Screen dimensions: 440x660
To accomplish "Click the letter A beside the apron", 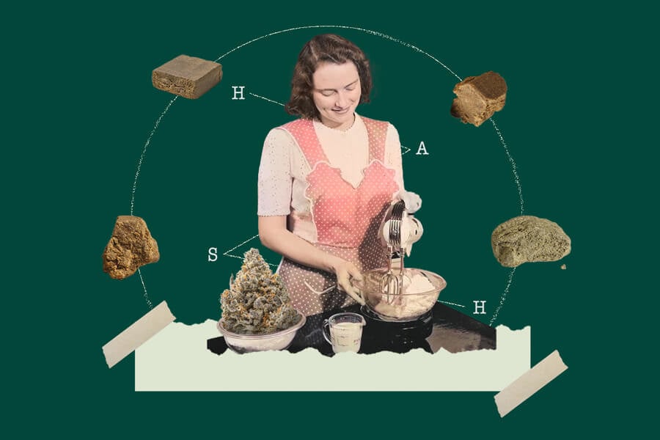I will pyautogui.click(x=422, y=149).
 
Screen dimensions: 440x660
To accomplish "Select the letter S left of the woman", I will pyautogui.click(x=213, y=254).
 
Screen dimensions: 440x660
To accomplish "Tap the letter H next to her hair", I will pyautogui.click(x=238, y=93).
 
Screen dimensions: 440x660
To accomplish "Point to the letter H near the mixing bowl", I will pyautogui.click(x=479, y=307).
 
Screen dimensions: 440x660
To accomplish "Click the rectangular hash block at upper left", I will pyautogui.click(x=187, y=76).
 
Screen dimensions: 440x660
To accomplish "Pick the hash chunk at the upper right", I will pyautogui.click(x=479, y=98).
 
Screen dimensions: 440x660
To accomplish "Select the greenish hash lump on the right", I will pyautogui.click(x=530, y=241).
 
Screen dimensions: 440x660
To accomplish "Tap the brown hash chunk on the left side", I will pyautogui.click(x=130, y=246).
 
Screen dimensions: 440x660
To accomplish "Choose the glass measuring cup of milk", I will pyautogui.click(x=345, y=333).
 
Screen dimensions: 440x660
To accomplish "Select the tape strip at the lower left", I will pyautogui.click(x=139, y=334).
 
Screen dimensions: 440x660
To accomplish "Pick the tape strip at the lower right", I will pyautogui.click(x=530, y=383).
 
